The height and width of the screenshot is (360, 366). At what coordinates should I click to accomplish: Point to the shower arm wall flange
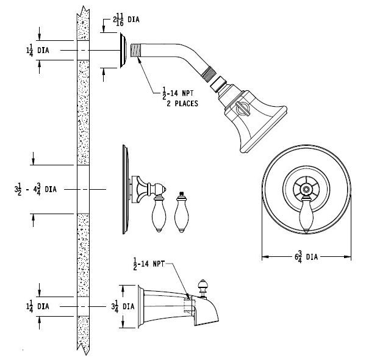coord(124,51)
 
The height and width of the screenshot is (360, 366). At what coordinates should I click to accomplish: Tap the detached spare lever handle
coord(181,214)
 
